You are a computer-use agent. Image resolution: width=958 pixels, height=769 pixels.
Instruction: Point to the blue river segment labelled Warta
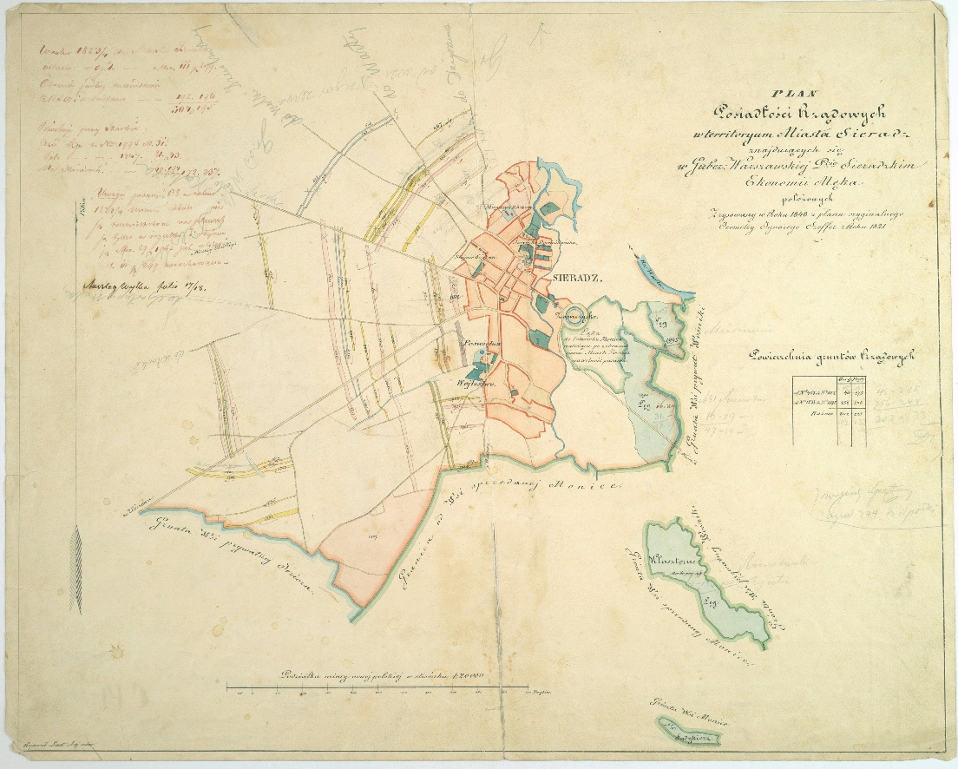(665, 278)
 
